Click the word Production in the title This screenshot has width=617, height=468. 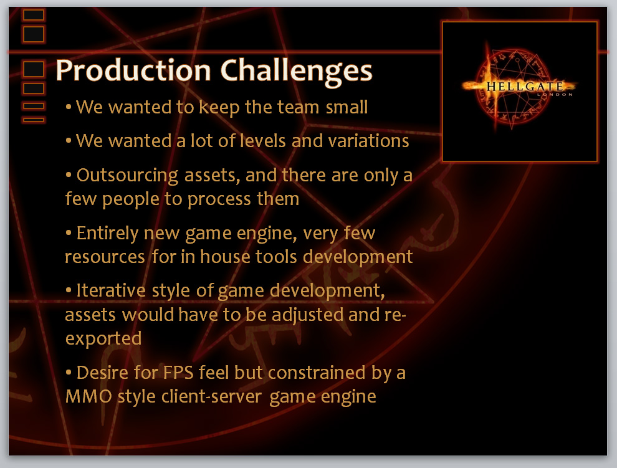(133, 71)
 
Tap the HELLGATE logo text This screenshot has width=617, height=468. (525, 86)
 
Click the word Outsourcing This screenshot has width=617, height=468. (127, 176)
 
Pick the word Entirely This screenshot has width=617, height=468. (107, 234)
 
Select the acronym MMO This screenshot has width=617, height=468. (88, 396)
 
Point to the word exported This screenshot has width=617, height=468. (103, 339)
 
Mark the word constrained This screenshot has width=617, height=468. (317, 373)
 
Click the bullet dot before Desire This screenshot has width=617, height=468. (69, 371)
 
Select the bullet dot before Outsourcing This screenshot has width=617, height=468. (69, 174)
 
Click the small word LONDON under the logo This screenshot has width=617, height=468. (555, 95)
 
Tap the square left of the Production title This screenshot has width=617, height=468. (34, 70)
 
